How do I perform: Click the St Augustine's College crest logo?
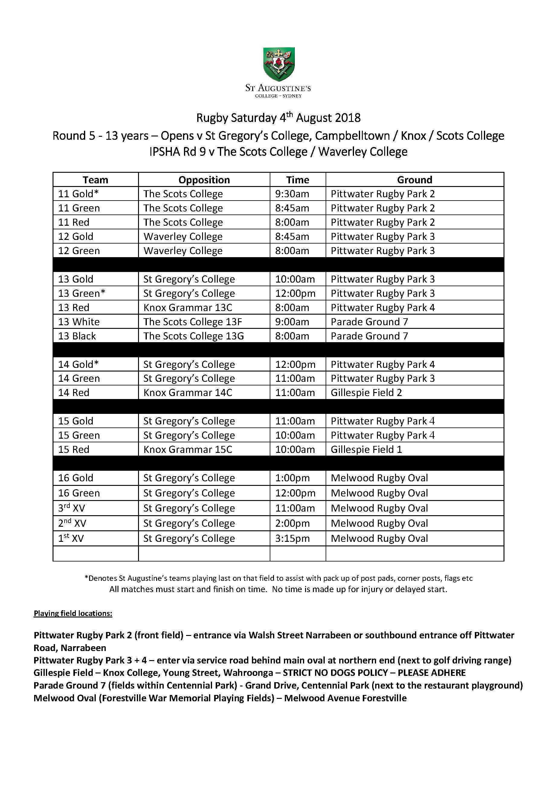278,64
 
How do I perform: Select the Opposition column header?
204,180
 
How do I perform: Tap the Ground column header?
414,180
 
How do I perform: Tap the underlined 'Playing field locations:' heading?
73,614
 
